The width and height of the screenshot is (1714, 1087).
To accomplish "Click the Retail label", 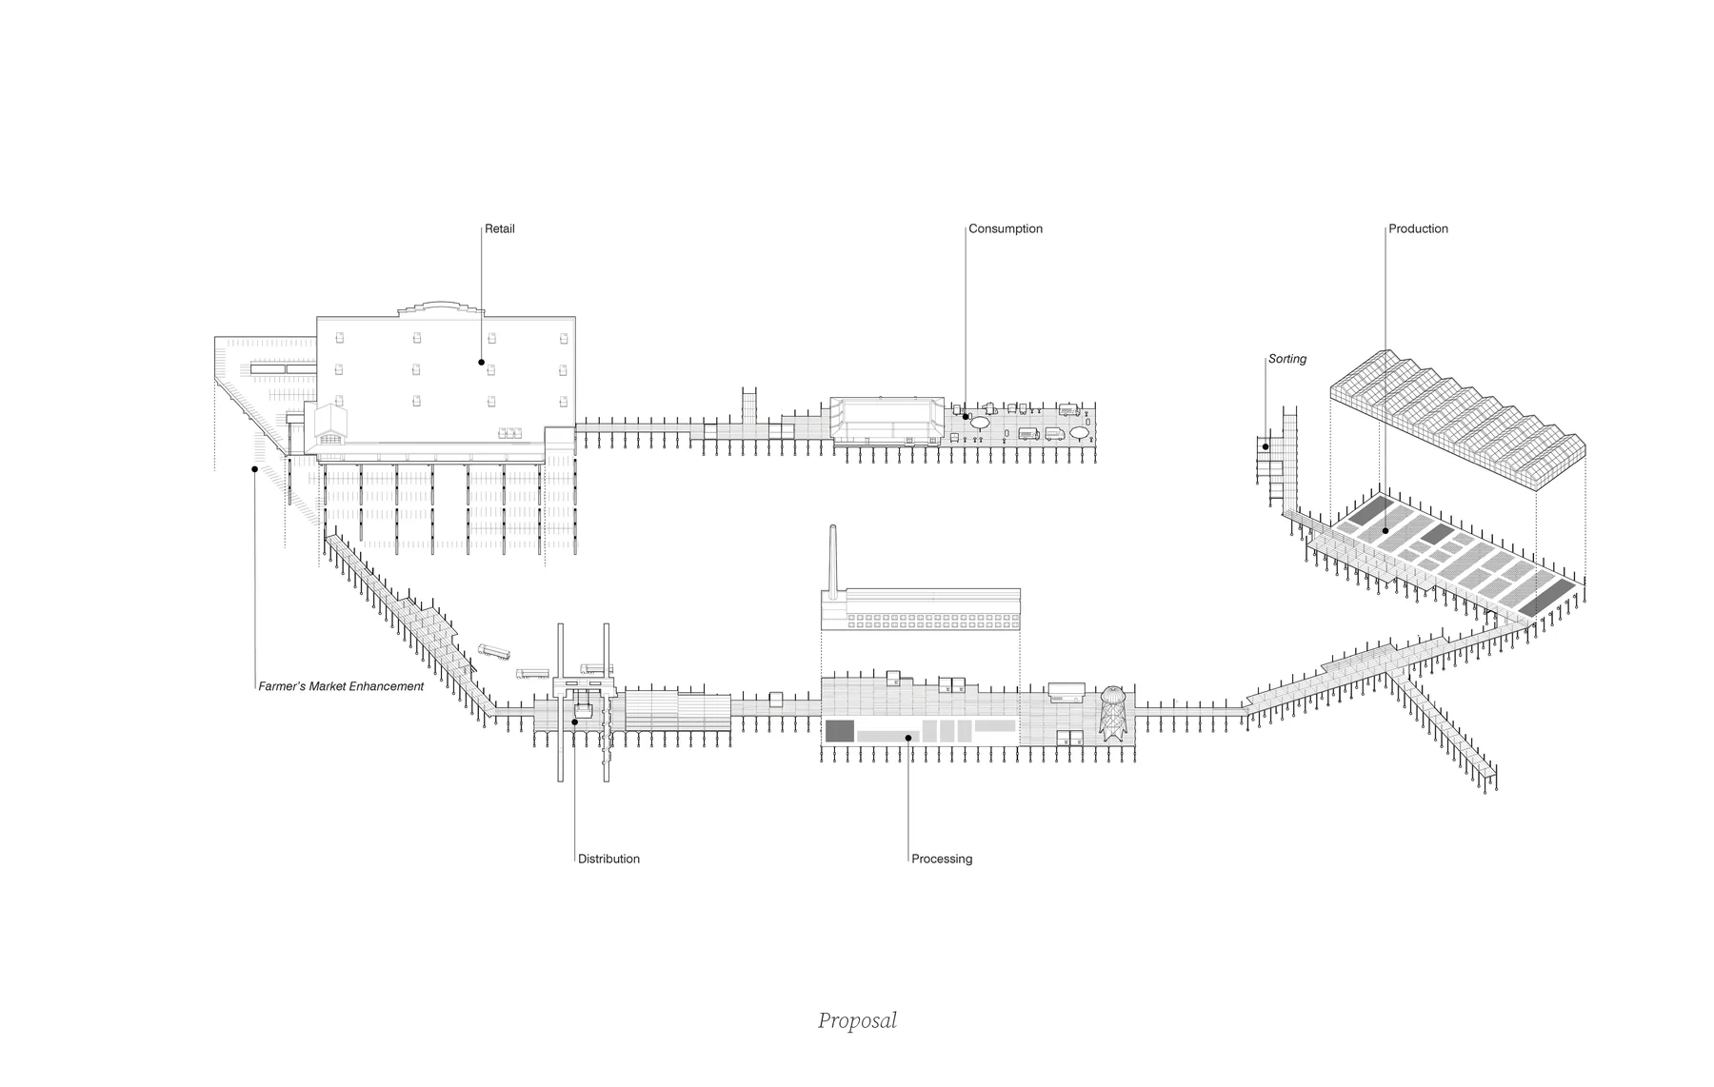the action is coord(499,228).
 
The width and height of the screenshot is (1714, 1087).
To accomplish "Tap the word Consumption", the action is coord(1006,228).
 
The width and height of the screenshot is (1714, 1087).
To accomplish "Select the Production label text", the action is coord(1418,228).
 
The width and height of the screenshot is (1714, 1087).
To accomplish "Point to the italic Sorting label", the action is coord(1287,359).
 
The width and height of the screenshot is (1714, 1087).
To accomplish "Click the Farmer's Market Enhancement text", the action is coord(341,686).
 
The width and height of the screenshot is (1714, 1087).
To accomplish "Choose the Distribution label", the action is coord(608,859).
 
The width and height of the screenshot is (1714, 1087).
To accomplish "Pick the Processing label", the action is coord(942,859).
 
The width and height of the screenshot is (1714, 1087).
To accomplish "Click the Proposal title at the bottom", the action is coord(857,1020).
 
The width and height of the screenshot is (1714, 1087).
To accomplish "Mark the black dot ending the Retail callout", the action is coord(481,363).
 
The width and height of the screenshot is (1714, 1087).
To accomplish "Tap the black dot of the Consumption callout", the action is coord(966,416).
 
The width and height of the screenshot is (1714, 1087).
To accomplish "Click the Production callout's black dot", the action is coord(1385,531).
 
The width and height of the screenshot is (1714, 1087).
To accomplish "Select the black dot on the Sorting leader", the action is coord(1266,446).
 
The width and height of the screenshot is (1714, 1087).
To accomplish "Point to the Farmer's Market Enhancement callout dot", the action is coord(254,468).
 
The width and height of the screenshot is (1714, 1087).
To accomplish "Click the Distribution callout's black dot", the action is coord(575,722).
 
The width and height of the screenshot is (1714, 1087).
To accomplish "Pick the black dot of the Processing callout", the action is coord(908,738).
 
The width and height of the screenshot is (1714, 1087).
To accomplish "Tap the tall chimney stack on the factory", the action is coord(833,562).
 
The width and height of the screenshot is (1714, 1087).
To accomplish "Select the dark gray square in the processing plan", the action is coord(839,731).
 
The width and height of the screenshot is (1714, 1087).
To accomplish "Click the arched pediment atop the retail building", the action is coord(439,309).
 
